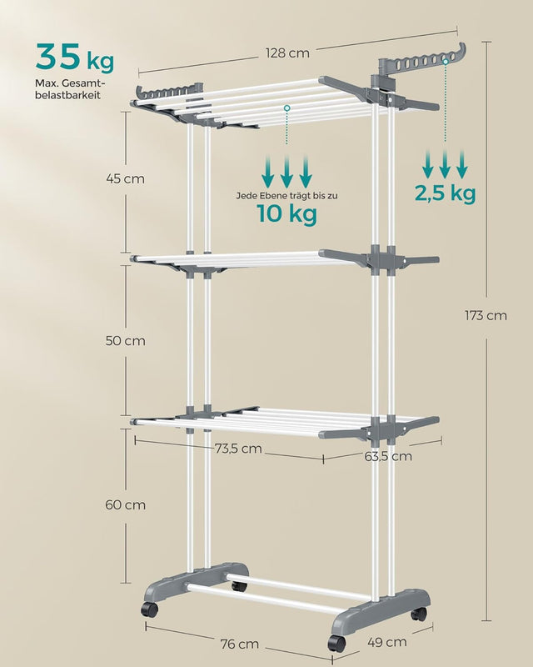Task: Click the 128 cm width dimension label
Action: (287, 53)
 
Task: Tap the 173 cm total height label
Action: (486, 316)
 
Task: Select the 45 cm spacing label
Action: (126, 178)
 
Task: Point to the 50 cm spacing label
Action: (126, 341)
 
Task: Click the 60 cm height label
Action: (126, 505)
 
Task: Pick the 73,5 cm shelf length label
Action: (238, 449)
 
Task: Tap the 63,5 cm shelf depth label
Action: (388, 456)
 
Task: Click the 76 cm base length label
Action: (239, 644)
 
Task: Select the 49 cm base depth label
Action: (386, 642)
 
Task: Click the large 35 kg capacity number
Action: (75, 57)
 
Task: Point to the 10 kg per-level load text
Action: (286, 213)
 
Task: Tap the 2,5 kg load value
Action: (445, 193)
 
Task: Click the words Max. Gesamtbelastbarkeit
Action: (68, 89)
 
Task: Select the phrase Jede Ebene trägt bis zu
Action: (286, 196)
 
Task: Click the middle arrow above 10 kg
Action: (286, 172)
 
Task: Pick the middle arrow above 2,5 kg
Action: (445, 164)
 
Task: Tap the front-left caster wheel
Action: (150, 609)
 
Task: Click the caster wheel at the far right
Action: (418, 614)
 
